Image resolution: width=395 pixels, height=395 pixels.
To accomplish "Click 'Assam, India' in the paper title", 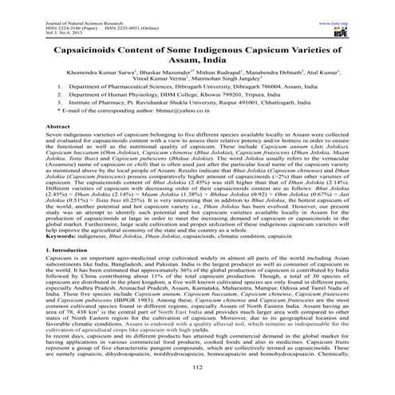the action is click(x=197, y=62).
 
